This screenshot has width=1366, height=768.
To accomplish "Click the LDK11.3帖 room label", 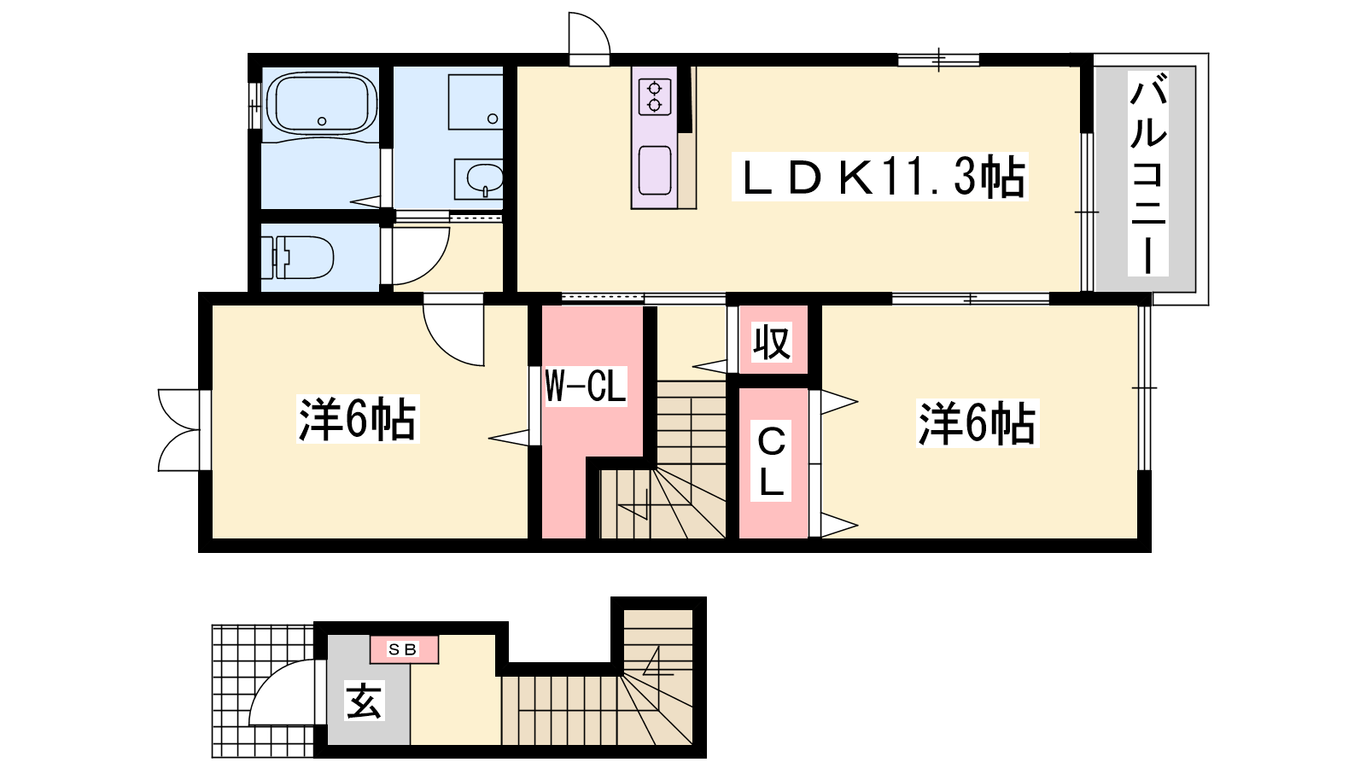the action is pyautogui.click(x=879, y=177).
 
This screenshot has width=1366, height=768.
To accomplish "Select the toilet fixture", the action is pyautogui.click(x=297, y=257).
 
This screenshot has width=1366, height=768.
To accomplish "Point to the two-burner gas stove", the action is pyautogui.click(x=654, y=97).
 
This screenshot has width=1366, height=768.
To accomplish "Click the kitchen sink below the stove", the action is pyautogui.click(x=654, y=171).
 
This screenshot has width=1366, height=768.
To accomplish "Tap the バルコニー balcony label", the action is pyautogui.click(x=1147, y=174).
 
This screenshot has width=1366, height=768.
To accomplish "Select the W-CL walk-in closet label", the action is pyautogui.click(x=586, y=386).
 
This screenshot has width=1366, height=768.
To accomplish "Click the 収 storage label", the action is pyautogui.click(x=772, y=342).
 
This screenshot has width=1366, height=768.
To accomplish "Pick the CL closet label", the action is pyautogui.click(x=771, y=461).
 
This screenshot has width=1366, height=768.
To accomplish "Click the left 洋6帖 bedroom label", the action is pyautogui.click(x=358, y=419).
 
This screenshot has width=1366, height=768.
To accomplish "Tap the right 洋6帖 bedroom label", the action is pyautogui.click(x=977, y=423).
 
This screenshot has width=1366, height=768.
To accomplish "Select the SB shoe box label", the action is pyautogui.click(x=403, y=649).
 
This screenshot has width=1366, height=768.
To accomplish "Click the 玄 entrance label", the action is pyautogui.click(x=364, y=701).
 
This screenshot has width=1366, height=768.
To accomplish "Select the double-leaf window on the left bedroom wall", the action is pyautogui.click(x=178, y=430).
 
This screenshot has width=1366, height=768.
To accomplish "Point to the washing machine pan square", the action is pyautogui.click(x=476, y=102).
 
